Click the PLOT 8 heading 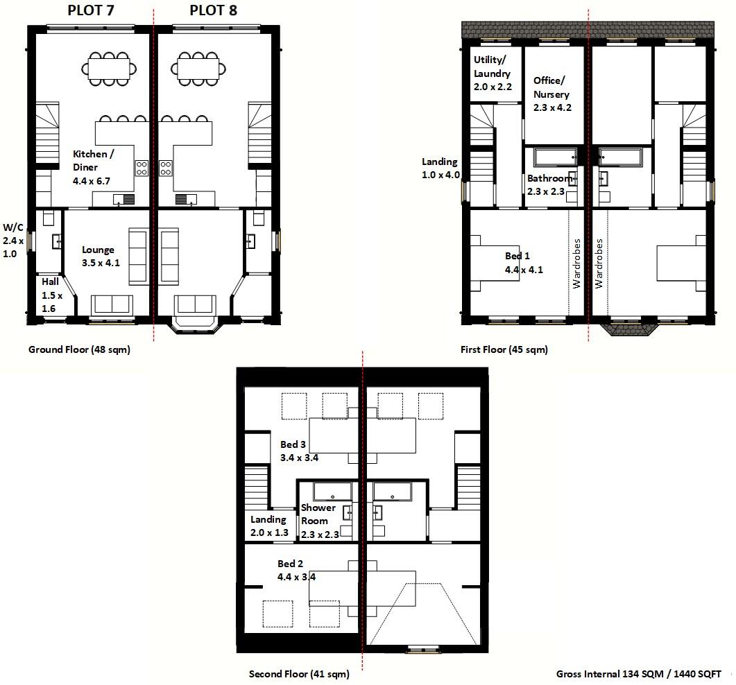(207, 10)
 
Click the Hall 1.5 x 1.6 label (51, 295)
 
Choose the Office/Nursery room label (551, 94)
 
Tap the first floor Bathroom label (549, 184)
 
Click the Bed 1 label (523, 263)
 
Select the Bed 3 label (298, 451)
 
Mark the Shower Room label (319, 521)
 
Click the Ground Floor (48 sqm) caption (79, 349)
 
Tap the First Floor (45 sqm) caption (504, 349)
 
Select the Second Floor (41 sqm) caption (299, 673)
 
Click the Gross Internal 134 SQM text (638, 673)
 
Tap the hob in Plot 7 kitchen (142, 167)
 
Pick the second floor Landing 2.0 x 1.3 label (269, 526)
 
